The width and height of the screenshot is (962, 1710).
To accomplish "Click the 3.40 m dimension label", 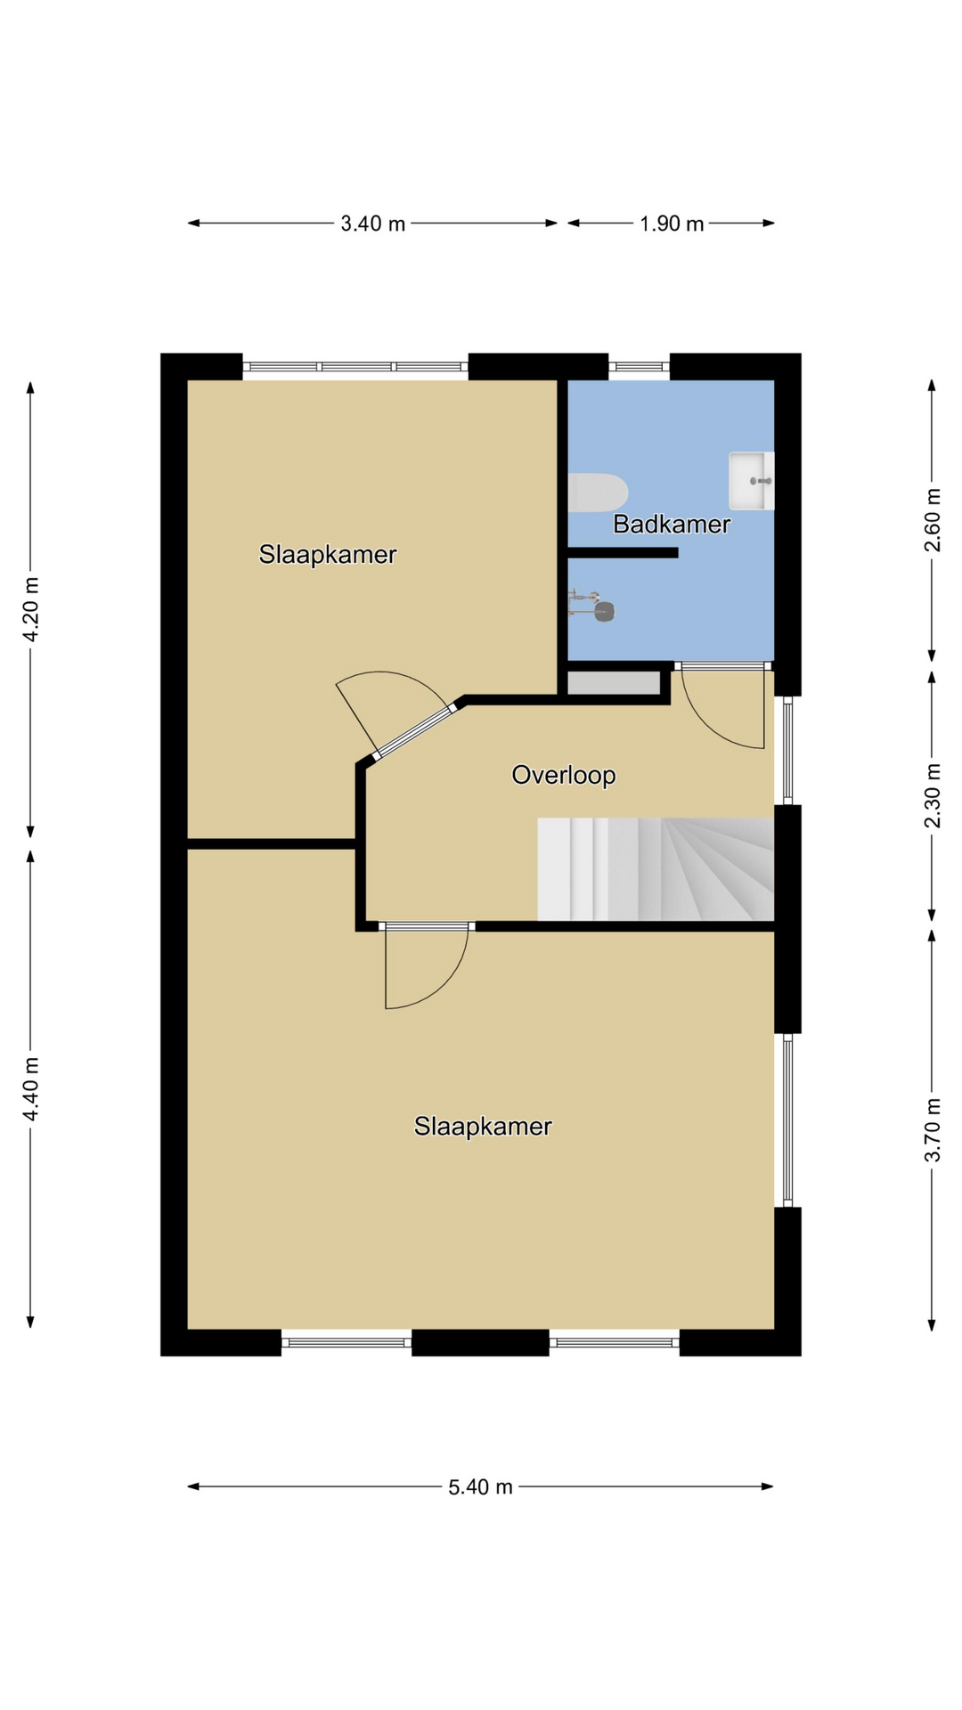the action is (x=372, y=224).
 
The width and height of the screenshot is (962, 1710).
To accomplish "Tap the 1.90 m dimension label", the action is (x=672, y=224).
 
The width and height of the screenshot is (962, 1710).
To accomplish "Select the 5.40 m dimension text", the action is (x=480, y=1486).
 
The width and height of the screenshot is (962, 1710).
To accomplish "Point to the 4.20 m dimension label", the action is (x=31, y=609).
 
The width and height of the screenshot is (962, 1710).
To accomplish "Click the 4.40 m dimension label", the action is (x=31, y=1089).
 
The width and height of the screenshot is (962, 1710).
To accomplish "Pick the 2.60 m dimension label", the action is (x=933, y=520).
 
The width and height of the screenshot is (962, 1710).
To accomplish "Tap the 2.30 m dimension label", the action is (x=933, y=795).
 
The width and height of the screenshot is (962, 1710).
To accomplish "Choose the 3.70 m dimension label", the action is (x=933, y=1130).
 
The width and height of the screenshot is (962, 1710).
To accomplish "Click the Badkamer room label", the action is (x=672, y=524).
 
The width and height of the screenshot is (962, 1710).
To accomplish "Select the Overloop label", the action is (x=564, y=775).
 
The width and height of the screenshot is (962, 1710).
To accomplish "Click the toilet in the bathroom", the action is (x=598, y=493).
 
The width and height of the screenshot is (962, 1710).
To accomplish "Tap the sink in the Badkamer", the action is (x=752, y=481).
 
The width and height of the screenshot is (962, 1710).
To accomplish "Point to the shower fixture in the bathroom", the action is (x=591, y=605).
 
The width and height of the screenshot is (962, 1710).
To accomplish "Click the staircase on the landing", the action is (x=656, y=869).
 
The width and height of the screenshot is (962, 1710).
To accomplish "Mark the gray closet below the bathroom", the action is (x=614, y=683).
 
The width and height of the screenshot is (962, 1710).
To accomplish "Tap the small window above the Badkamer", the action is (x=639, y=365).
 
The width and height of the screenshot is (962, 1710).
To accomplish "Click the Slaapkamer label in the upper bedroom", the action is (x=328, y=554).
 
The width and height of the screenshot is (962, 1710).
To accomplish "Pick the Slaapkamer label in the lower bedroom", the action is (x=483, y=1126).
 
